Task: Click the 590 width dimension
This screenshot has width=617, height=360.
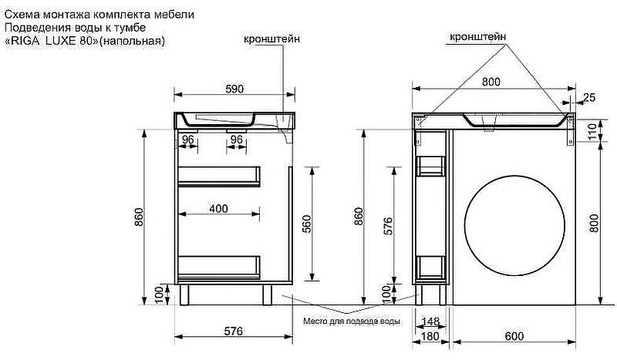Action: pyautogui.click(x=234, y=89)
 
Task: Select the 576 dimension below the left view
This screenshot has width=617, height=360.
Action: pyautogui.click(x=234, y=331)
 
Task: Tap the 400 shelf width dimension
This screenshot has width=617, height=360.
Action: pyautogui.click(x=218, y=208)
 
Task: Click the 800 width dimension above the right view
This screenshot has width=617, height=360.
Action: pyautogui.click(x=491, y=82)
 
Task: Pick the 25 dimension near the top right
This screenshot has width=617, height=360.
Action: pyautogui.click(x=589, y=97)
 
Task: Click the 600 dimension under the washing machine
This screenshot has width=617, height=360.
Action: pyautogui.click(x=514, y=336)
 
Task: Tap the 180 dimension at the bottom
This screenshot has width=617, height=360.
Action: pyautogui.click(x=430, y=336)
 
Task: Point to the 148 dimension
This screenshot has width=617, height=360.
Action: pyautogui.click(x=430, y=321)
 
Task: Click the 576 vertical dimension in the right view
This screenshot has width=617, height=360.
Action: pyautogui.click(x=388, y=226)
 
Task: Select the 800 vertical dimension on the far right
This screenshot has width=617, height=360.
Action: pyautogui.click(x=594, y=223)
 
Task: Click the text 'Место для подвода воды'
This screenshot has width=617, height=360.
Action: pyautogui.click(x=352, y=321)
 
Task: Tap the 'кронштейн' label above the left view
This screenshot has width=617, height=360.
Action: pyautogui.click(x=271, y=39)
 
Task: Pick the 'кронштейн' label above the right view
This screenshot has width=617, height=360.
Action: pyautogui.click(x=477, y=37)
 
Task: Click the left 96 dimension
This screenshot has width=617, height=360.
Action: pyautogui.click(x=187, y=140)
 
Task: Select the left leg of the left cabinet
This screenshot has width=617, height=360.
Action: pyautogui.click(x=184, y=294)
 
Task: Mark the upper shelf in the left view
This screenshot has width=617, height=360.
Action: pyautogui.click(x=219, y=176)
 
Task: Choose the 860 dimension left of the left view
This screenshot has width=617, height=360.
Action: pyautogui.click(x=140, y=217)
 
